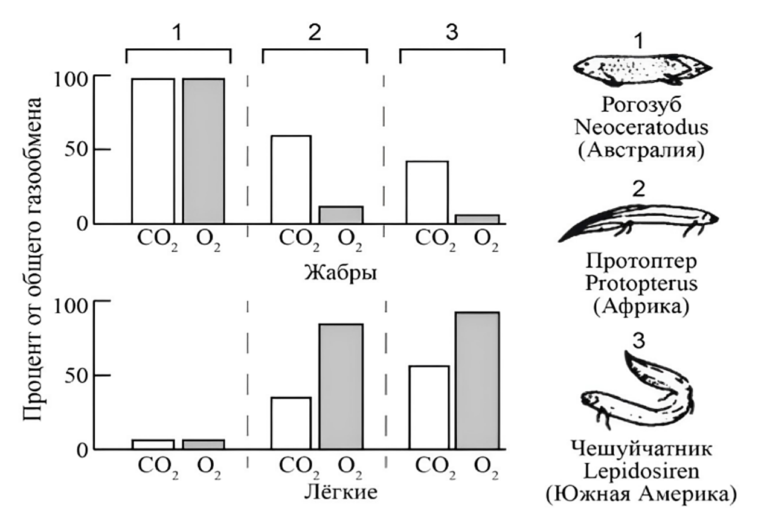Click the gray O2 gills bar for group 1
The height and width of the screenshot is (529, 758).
204,151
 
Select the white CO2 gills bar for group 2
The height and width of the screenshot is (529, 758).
291,179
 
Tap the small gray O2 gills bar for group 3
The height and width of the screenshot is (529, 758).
477,219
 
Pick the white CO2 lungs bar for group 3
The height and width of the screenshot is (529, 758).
429,407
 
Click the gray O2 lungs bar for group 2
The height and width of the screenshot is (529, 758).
341,386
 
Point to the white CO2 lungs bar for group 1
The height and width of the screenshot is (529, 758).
153,444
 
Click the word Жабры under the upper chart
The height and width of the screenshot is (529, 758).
341,273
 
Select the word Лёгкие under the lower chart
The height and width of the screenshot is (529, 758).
341,492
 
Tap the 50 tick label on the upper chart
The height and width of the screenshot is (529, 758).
76,149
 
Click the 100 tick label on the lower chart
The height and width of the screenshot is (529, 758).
71,307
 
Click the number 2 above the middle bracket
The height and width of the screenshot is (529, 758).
315,33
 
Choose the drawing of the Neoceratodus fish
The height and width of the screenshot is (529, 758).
643,70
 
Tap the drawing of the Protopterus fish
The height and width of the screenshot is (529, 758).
638,222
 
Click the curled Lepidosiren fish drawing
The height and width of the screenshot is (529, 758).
638,393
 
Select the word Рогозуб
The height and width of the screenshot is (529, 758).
641,105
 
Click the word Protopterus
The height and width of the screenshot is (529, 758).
641,283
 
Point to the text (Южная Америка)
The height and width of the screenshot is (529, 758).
641,495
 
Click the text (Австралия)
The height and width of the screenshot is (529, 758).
641,150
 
